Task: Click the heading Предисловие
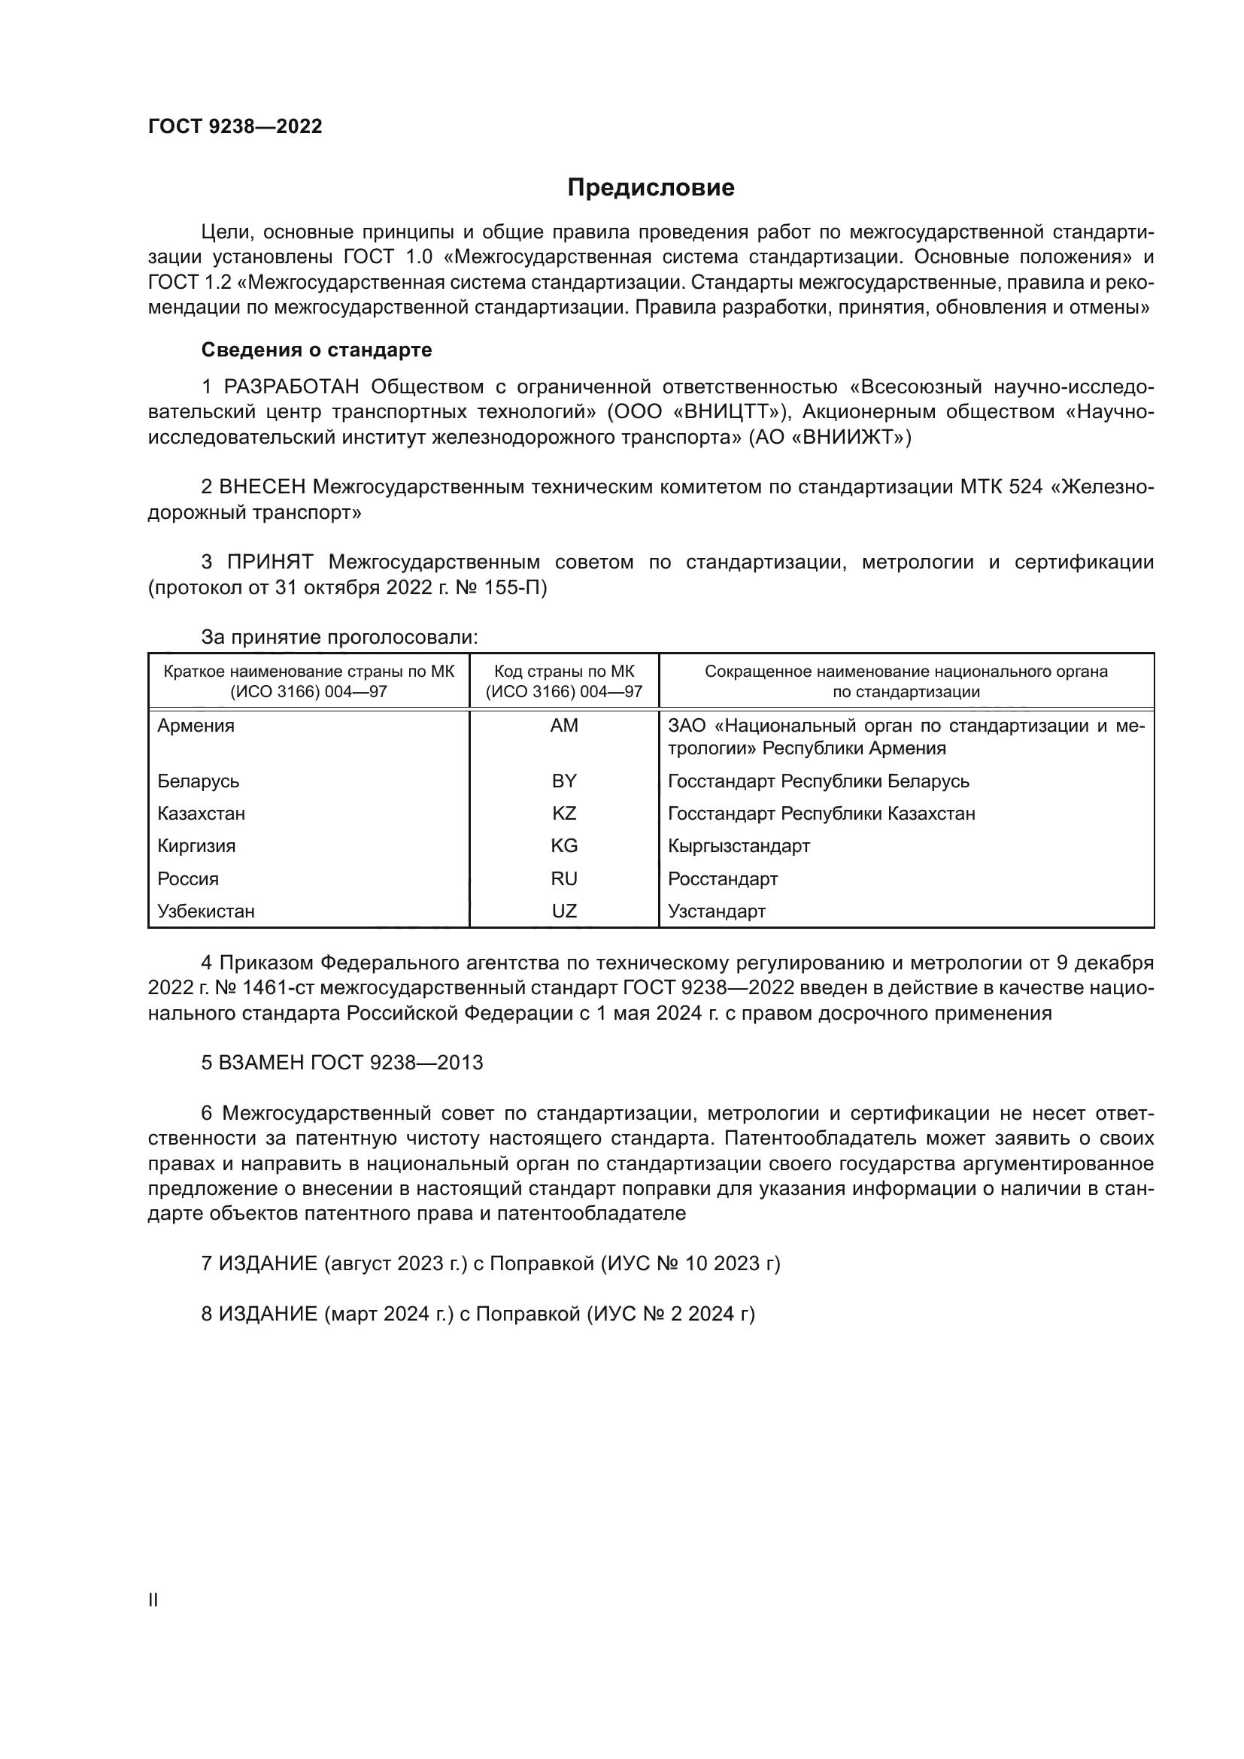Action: [x=651, y=188]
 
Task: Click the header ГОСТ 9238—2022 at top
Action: [x=235, y=126]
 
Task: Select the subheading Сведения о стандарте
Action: [x=317, y=350]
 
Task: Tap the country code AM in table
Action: [x=564, y=726]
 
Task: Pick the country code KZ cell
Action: [x=564, y=814]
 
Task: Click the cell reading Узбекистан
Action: [x=206, y=911]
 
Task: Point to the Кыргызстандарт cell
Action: [x=739, y=847]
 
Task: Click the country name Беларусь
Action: [x=199, y=781]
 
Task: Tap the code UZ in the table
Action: [x=564, y=911]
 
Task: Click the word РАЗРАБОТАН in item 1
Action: [x=291, y=387]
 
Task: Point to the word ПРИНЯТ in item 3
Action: [x=270, y=563]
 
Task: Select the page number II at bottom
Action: [x=153, y=1600]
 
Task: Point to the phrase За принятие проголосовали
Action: [x=339, y=638]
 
